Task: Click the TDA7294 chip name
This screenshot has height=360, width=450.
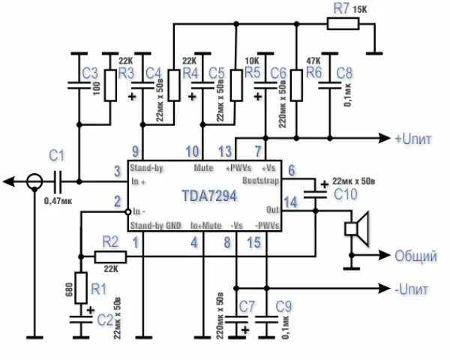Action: pyautogui.click(x=211, y=196)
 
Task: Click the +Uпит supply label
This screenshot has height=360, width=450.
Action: pyautogui.click(x=414, y=139)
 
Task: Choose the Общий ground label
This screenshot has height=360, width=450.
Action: pyautogui.click(x=416, y=256)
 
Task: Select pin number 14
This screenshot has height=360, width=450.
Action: pyautogui.click(x=291, y=201)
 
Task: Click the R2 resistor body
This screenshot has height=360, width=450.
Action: pyautogui.click(x=111, y=257)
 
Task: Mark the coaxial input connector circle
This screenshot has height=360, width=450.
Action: pyautogui.click(x=34, y=181)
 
